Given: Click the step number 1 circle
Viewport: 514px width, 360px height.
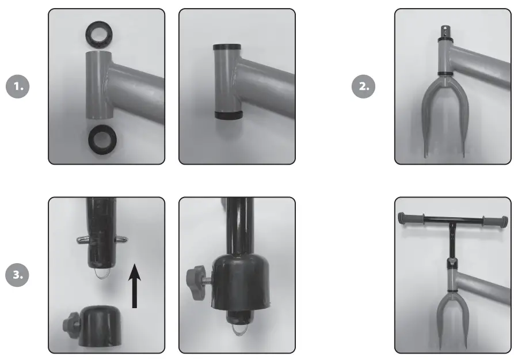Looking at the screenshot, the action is tap(18, 86).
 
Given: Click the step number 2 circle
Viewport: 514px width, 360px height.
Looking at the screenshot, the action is tap(364, 86).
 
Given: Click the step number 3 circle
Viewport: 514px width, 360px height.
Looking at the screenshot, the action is tap(17, 275).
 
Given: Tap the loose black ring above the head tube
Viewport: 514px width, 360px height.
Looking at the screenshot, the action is tap(99, 35).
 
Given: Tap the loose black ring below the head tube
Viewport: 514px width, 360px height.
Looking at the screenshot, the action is tap(102, 140).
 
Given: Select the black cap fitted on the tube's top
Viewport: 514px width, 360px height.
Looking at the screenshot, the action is tap(227, 47).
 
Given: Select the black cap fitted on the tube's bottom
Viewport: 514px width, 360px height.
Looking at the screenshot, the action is tap(229, 115).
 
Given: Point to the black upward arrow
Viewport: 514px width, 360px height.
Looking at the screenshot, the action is tap(135, 286).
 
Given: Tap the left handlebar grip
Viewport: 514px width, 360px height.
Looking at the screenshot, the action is tap(410, 218).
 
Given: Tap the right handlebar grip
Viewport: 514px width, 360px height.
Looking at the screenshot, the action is tap(496, 221).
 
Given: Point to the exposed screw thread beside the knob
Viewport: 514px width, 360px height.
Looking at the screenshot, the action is tap(208, 280).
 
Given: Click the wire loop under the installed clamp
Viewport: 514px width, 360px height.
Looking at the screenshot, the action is tap(239, 329).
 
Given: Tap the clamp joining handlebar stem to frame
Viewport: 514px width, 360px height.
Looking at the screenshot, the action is tap(452, 263).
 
